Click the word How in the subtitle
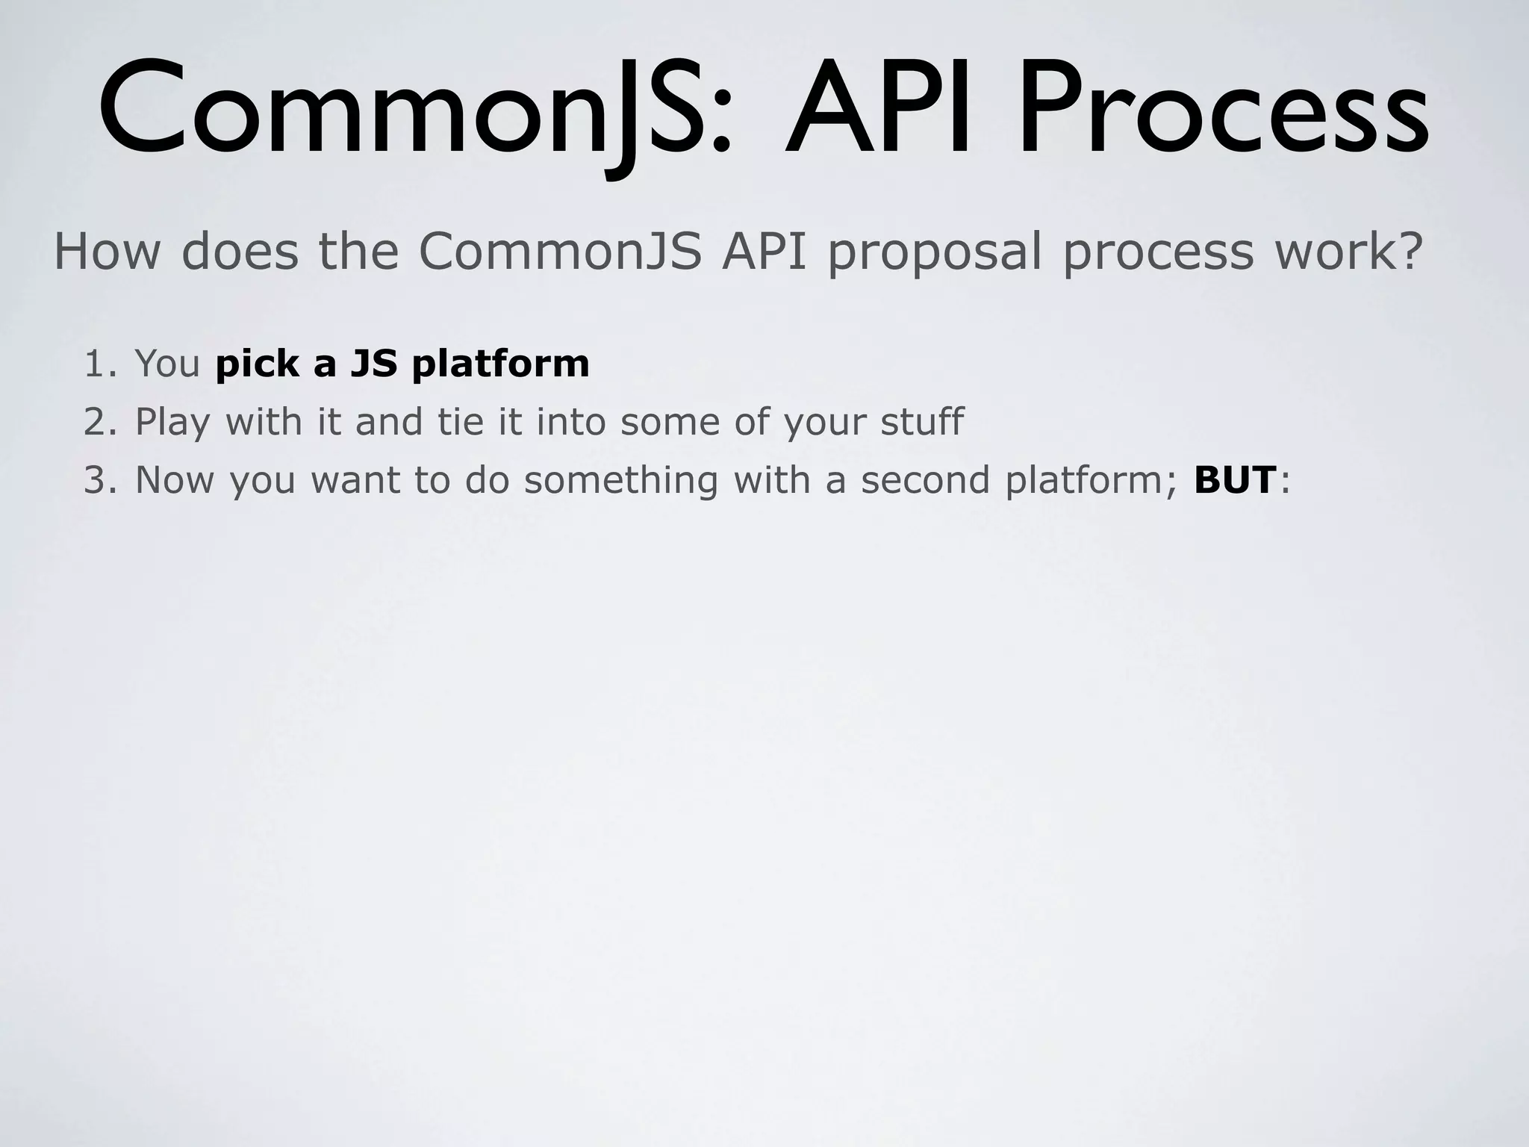pyautogui.click(x=107, y=252)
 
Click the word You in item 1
pyautogui.click(x=167, y=364)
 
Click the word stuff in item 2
pyautogui.click(x=922, y=422)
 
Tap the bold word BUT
pyautogui.click(x=1234, y=479)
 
